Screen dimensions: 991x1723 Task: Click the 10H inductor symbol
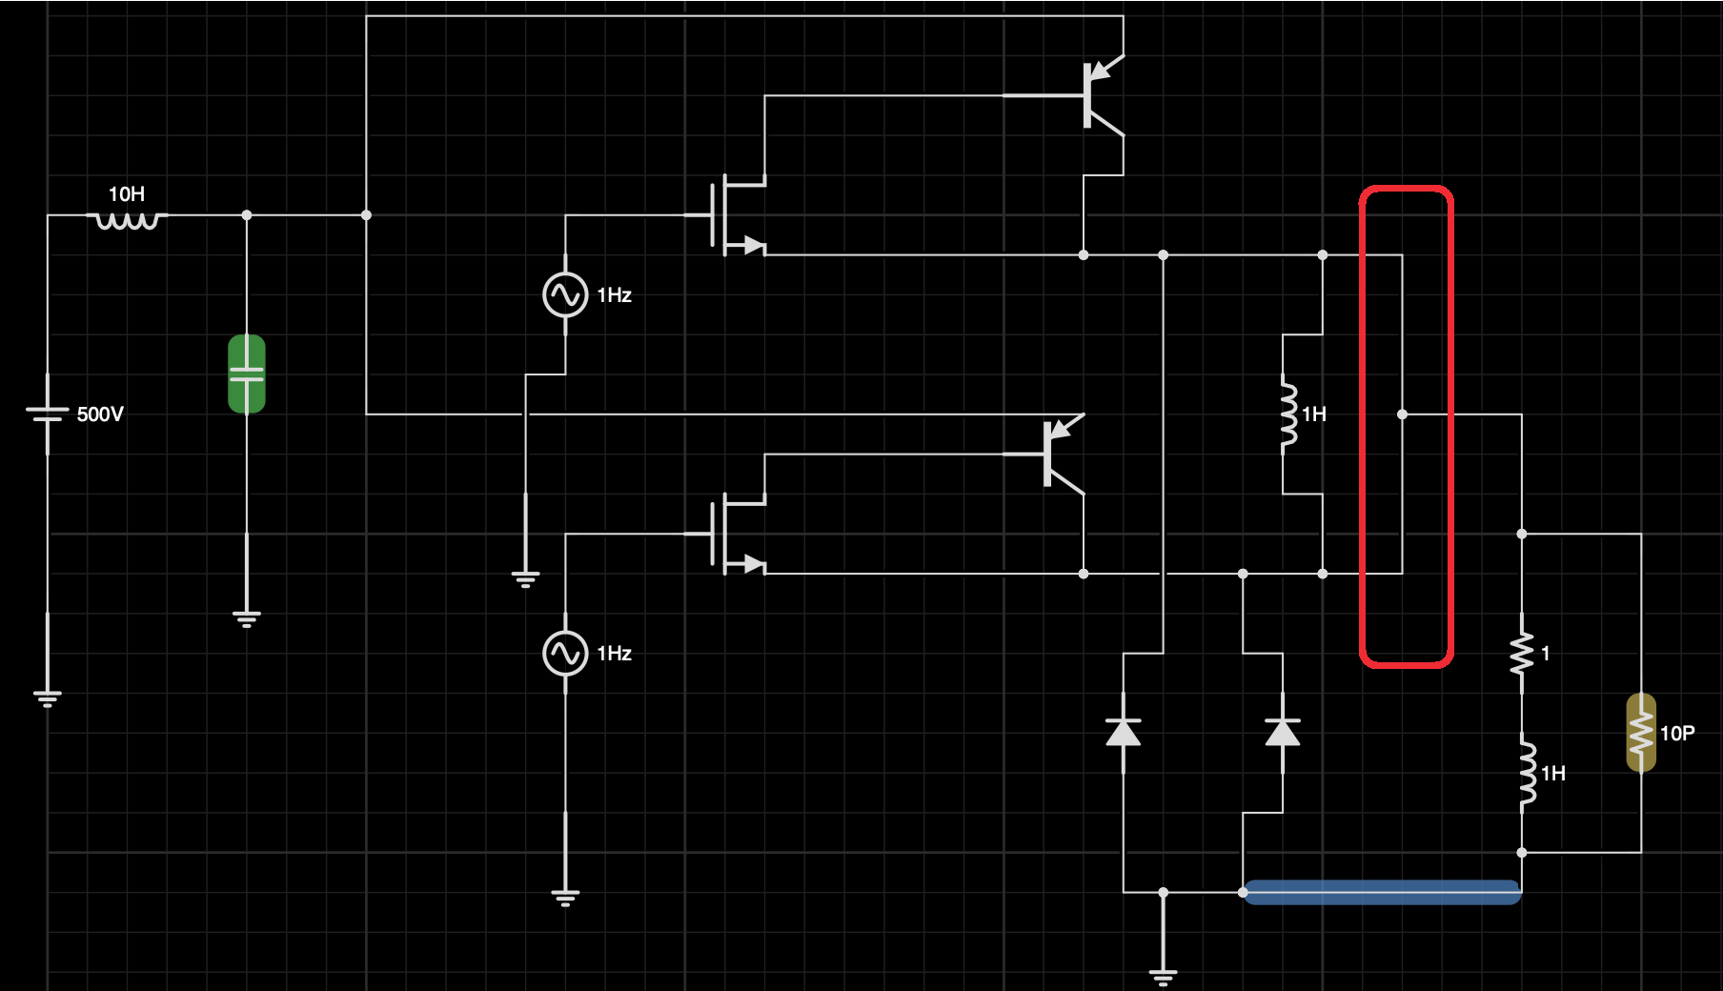[127, 220]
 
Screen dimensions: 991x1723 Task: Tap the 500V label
[100, 415]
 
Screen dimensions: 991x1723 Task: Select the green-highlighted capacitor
[247, 374]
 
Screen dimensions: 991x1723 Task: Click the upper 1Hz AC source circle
[565, 294]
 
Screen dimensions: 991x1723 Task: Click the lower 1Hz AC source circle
[565, 654]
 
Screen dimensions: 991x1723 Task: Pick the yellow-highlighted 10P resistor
[1641, 733]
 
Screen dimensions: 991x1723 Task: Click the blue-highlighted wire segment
[1382, 892]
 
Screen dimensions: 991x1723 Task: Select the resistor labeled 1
[1522, 654]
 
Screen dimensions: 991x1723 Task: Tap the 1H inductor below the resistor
[1527, 773]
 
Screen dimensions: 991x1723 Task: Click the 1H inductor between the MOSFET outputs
[1288, 414]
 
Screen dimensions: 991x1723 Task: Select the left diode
[1124, 732]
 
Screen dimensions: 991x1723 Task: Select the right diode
[1283, 732]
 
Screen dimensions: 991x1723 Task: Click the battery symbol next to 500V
[48, 414]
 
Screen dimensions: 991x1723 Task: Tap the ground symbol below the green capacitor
[247, 619]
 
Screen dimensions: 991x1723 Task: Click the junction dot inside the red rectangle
[1402, 415]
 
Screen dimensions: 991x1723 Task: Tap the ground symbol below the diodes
[1163, 976]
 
